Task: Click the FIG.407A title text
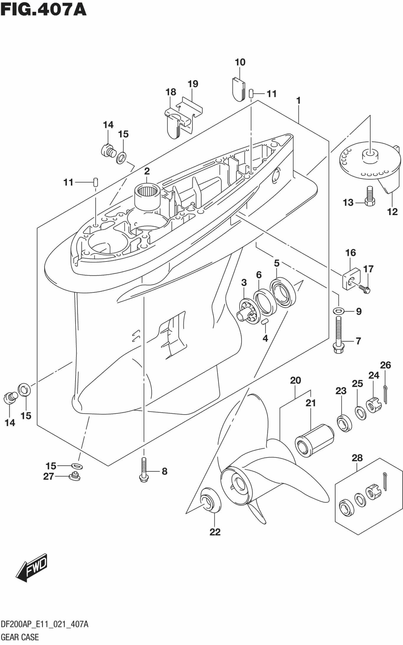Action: pyautogui.click(x=43, y=9)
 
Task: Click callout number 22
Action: pyautogui.click(x=215, y=532)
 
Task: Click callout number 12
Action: pyautogui.click(x=392, y=212)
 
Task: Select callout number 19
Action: pyautogui.click(x=193, y=84)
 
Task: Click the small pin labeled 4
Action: pyautogui.click(x=265, y=322)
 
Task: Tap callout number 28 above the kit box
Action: pyautogui.click(x=357, y=458)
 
